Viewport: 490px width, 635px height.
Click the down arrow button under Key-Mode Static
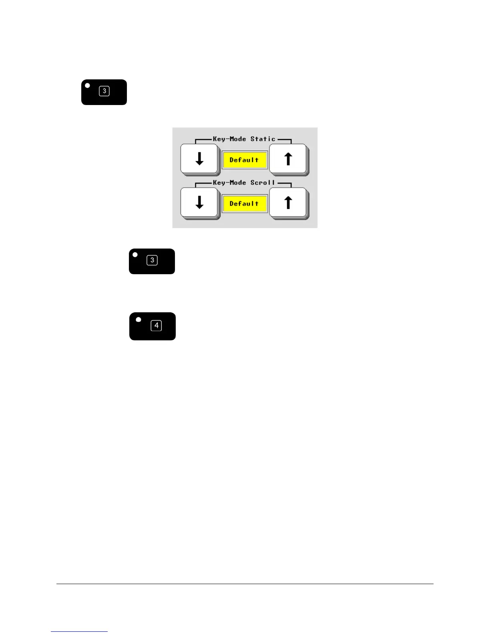199,159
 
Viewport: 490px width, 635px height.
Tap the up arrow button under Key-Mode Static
288,159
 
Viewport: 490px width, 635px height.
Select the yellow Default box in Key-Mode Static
244,160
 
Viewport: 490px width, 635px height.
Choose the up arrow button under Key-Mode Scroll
288,203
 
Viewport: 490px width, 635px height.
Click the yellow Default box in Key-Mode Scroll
244,204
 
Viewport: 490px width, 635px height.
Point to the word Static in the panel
263,139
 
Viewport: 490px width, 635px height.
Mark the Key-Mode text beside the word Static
229,139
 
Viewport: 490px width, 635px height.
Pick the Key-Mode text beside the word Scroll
229,183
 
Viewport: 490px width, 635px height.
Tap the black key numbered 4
153,326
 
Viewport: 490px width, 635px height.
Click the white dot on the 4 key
139,320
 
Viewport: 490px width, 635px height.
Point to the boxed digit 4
156,326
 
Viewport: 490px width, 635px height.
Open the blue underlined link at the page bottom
79,631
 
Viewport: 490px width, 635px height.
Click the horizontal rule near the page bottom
245,584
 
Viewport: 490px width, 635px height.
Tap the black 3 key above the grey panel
104,92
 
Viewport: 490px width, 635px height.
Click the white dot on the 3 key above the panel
88,85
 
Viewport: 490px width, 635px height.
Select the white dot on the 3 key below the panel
135,255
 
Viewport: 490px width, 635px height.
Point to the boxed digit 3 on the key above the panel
104,91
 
